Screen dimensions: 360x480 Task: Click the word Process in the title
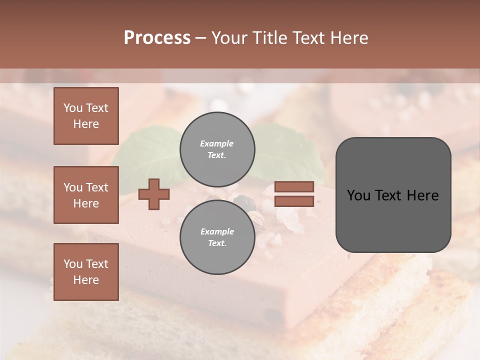point(157,37)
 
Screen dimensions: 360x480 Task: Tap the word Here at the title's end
point(348,37)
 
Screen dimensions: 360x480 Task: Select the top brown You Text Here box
point(86,116)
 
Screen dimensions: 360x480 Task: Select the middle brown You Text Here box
point(86,195)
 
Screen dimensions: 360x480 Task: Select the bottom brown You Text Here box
point(86,272)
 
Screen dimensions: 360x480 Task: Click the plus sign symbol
point(154,194)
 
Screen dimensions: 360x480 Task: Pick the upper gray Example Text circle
point(217,149)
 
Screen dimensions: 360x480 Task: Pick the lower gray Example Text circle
point(217,237)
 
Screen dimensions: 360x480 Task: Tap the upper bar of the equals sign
point(294,187)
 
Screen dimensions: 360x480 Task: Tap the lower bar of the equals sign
point(294,201)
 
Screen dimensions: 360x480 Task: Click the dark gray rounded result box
point(393,195)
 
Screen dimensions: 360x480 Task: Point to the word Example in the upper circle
point(217,143)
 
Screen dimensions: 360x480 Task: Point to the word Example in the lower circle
point(217,231)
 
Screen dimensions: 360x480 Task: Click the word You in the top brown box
point(72,108)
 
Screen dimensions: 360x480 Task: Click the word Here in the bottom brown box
point(86,280)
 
